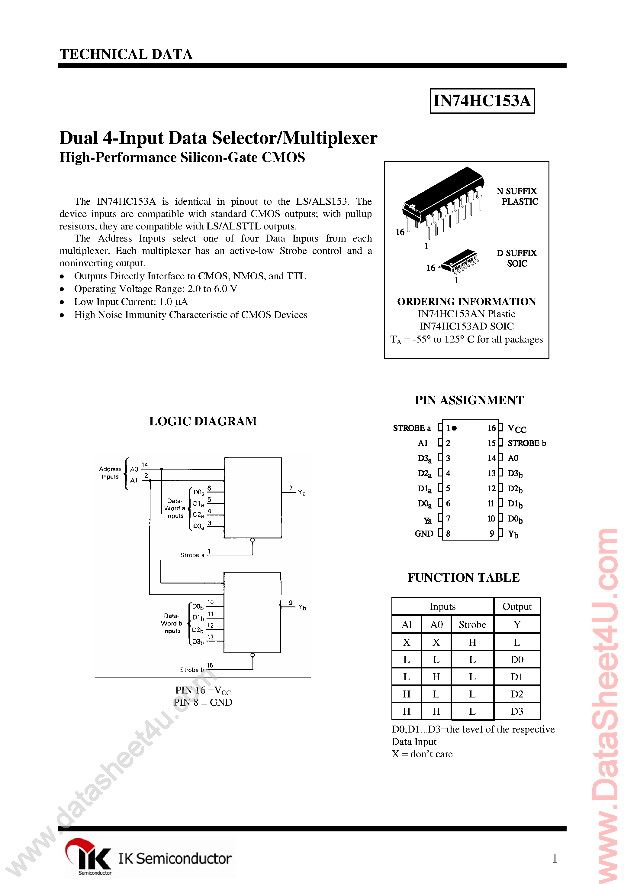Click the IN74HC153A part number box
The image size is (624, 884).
point(482,101)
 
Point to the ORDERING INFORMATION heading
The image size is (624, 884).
point(466,301)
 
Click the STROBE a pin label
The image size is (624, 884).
point(412,428)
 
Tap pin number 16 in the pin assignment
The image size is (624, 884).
point(491,428)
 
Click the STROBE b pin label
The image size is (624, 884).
point(526,443)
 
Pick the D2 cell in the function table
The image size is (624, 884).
point(517,694)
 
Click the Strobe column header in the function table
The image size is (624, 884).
point(472,625)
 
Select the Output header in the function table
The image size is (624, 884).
point(517,606)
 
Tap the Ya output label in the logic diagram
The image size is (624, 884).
point(302,492)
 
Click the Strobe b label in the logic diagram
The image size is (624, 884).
point(191,670)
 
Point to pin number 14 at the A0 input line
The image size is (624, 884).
point(145,465)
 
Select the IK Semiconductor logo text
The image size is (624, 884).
point(174,858)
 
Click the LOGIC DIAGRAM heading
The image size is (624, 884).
point(203,421)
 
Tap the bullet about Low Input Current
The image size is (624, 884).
point(131,302)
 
